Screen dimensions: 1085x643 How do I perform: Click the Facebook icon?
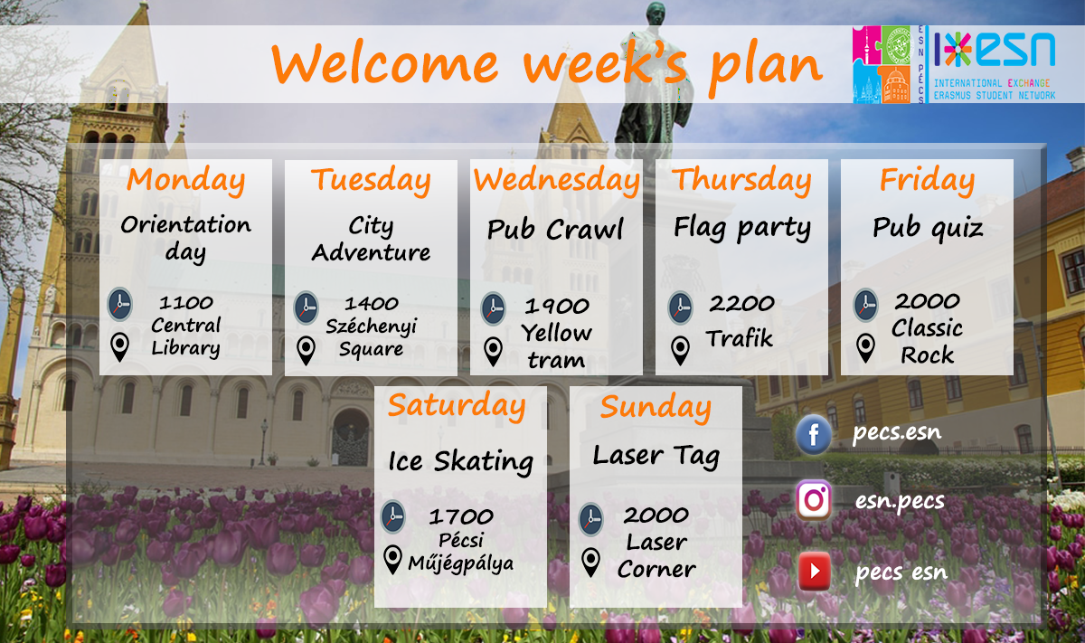click(x=814, y=434)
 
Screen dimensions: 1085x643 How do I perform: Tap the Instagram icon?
click(x=814, y=500)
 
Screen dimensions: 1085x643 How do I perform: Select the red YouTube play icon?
click(x=815, y=571)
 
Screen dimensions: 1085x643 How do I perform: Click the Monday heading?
click(x=186, y=180)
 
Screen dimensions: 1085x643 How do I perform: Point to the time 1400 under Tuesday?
click(x=372, y=304)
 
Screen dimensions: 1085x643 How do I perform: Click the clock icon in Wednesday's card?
click(x=493, y=308)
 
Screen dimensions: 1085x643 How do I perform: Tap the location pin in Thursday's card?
click(x=680, y=350)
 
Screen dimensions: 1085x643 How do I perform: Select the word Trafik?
click(x=740, y=338)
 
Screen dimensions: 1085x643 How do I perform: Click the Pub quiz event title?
click(x=928, y=228)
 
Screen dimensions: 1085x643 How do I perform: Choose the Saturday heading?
click(x=457, y=406)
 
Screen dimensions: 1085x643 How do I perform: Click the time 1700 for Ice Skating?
click(x=461, y=516)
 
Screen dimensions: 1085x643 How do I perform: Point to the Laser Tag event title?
click(x=656, y=457)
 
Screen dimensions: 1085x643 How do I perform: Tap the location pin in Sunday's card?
click(x=590, y=563)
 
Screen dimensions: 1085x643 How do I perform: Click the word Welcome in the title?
click(x=384, y=63)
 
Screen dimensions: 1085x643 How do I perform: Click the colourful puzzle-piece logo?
click(x=881, y=64)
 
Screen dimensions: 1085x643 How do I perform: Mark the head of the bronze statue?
click(x=656, y=14)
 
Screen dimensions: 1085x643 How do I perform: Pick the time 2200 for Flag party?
click(x=741, y=304)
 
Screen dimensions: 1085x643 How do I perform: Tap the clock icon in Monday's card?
click(x=119, y=304)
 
